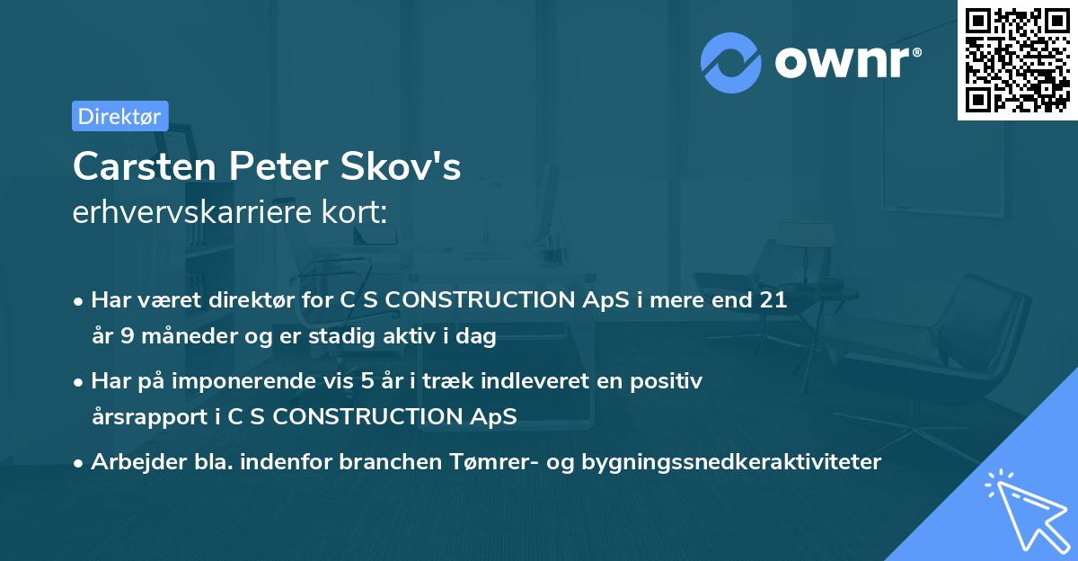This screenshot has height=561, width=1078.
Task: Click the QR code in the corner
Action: click(x=1017, y=60)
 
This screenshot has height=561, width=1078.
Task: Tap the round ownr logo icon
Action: click(x=732, y=62)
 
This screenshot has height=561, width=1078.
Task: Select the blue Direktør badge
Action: click(x=119, y=116)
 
